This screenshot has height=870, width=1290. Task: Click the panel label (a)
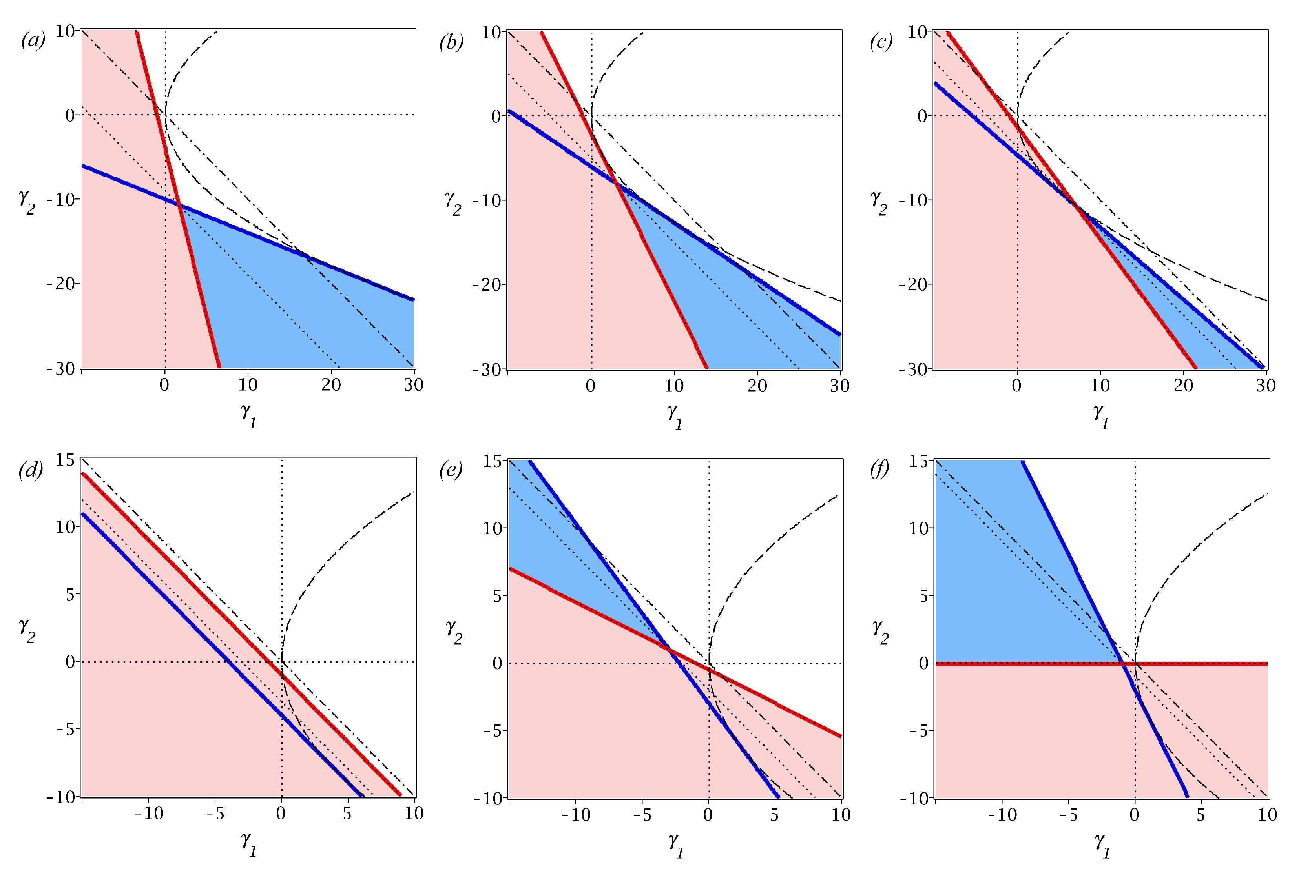coord(33,40)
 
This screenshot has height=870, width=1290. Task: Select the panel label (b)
coord(451,42)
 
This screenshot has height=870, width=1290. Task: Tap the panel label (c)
coord(881,42)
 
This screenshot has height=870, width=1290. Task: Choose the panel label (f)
coord(879,470)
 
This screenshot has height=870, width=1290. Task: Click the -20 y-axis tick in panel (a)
coord(63,284)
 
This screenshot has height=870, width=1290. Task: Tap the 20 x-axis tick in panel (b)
coord(757,386)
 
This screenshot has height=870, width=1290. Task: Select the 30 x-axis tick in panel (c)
coord(1266,386)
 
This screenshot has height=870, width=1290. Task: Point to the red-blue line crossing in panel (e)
coord(669,650)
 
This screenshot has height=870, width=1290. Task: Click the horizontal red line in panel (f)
coord(1193,663)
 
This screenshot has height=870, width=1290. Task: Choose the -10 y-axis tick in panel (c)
coord(913,200)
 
